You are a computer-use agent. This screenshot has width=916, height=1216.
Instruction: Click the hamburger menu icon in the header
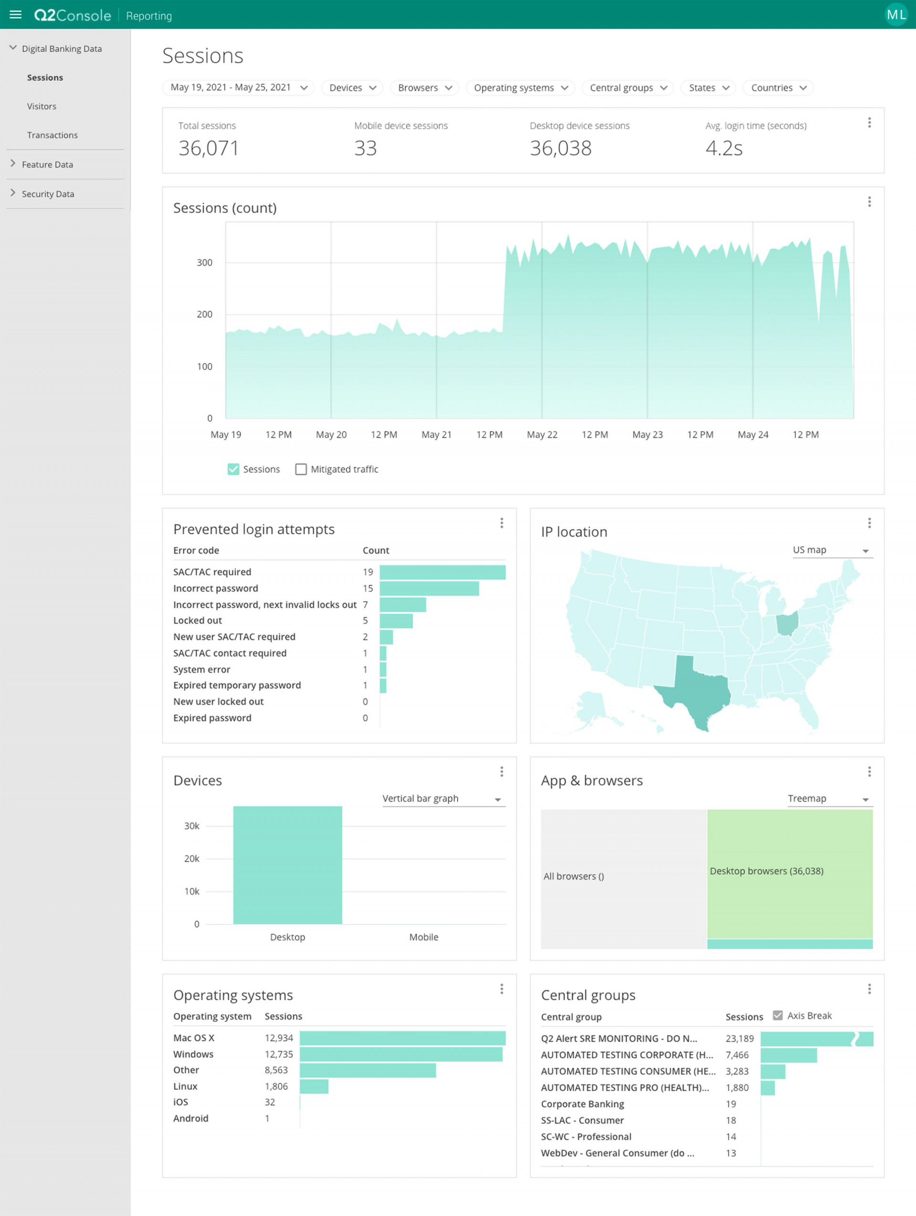(15, 15)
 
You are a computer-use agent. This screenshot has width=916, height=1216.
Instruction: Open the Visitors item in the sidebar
(42, 106)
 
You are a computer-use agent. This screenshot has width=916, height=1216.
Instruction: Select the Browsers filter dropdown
(424, 88)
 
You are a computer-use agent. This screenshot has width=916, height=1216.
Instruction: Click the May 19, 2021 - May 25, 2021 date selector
(238, 88)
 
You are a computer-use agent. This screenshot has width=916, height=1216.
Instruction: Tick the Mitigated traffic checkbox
(301, 469)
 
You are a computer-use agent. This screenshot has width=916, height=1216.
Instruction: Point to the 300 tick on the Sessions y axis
(205, 263)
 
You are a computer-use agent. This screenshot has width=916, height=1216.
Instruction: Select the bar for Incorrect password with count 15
(429, 588)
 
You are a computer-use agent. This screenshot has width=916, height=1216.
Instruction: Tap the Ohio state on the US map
(787, 624)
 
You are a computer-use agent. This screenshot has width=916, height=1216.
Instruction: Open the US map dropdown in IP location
(832, 551)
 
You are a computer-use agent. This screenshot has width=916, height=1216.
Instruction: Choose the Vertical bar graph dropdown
(443, 799)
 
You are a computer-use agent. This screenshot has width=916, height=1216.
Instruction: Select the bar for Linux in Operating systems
(314, 1086)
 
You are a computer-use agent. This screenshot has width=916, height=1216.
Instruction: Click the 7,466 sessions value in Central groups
(737, 1055)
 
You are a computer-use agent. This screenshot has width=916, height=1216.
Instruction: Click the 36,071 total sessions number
(209, 148)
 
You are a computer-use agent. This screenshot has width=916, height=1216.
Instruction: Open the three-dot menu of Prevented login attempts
(501, 523)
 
